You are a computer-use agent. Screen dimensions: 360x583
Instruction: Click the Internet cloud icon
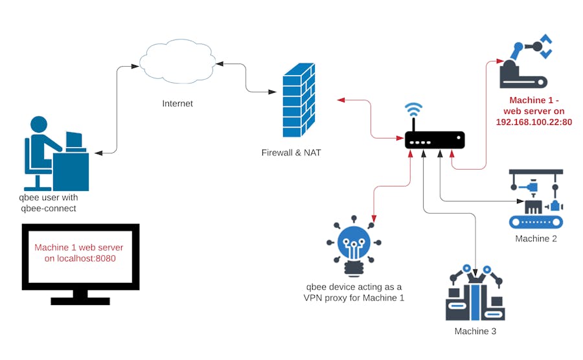[x=178, y=63]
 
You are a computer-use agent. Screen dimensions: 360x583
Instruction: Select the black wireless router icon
[x=435, y=140]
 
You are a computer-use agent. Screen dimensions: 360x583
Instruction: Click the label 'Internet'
[x=177, y=104]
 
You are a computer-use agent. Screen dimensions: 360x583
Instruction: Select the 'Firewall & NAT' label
[x=291, y=153]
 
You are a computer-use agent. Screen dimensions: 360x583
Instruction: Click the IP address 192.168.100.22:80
[x=534, y=122]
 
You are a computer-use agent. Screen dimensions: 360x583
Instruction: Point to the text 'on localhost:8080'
[x=79, y=259]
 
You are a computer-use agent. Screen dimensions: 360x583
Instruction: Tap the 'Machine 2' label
[x=536, y=239]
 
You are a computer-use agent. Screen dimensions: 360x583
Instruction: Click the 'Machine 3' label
[x=475, y=332]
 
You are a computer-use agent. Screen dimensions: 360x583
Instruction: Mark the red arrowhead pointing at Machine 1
[x=500, y=61]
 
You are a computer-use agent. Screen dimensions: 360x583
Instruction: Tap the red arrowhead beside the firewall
[x=340, y=100]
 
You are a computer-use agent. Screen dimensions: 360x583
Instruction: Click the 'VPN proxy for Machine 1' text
[x=354, y=298]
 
